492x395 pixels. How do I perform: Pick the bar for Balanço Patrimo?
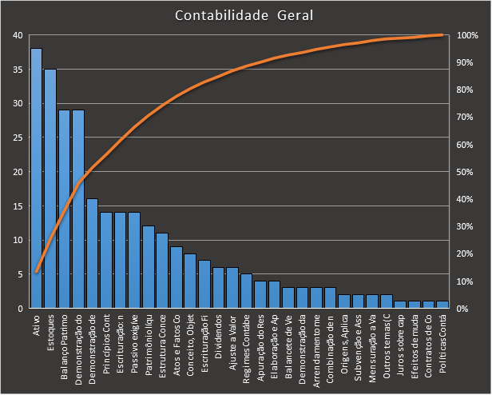64,209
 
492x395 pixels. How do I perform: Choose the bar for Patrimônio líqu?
148,267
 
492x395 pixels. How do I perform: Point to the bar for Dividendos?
217,288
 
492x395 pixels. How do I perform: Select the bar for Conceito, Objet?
189,281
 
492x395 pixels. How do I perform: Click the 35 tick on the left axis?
18,70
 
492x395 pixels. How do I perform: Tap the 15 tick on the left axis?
18,206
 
